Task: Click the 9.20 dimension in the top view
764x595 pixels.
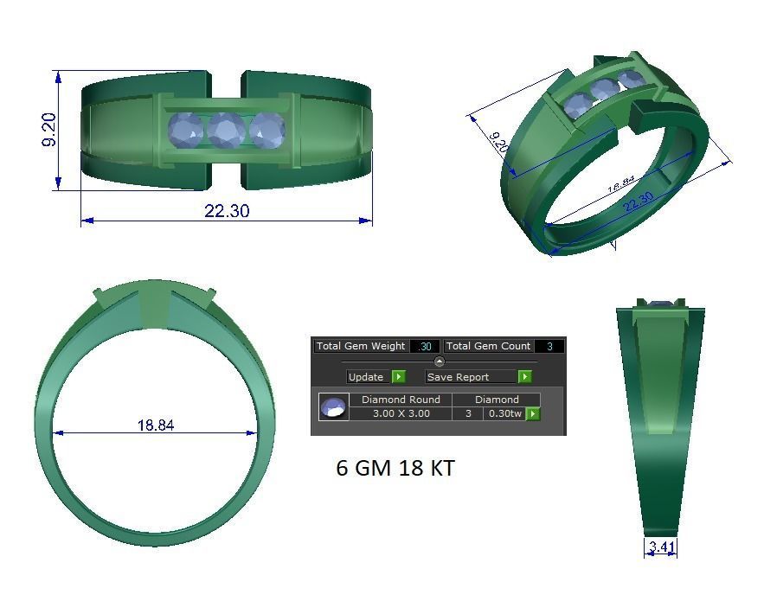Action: point(49,130)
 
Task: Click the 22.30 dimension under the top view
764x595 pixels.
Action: point(227,210)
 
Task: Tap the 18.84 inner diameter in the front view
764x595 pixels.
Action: point(155,425)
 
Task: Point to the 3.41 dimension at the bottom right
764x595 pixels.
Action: point(660,547)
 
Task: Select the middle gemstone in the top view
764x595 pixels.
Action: point(226,131)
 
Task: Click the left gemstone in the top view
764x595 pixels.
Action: point(185,131)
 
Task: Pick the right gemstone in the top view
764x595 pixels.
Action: point(267,131)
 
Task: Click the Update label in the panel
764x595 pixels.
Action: point(365,377)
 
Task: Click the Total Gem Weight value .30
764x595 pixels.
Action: point(425,346)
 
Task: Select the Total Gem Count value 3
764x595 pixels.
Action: point(549,346)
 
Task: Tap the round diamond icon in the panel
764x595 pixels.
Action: point(333,406)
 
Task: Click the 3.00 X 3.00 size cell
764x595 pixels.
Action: point(401,413)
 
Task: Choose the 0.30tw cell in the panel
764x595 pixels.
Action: point(504,413)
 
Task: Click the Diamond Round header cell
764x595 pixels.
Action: point(401,400)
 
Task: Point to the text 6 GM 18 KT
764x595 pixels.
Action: point(395,468)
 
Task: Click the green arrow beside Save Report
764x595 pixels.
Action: point(524,377)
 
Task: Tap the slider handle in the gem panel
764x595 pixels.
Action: point(439,361)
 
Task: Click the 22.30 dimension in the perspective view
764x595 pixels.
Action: point(638,202)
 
